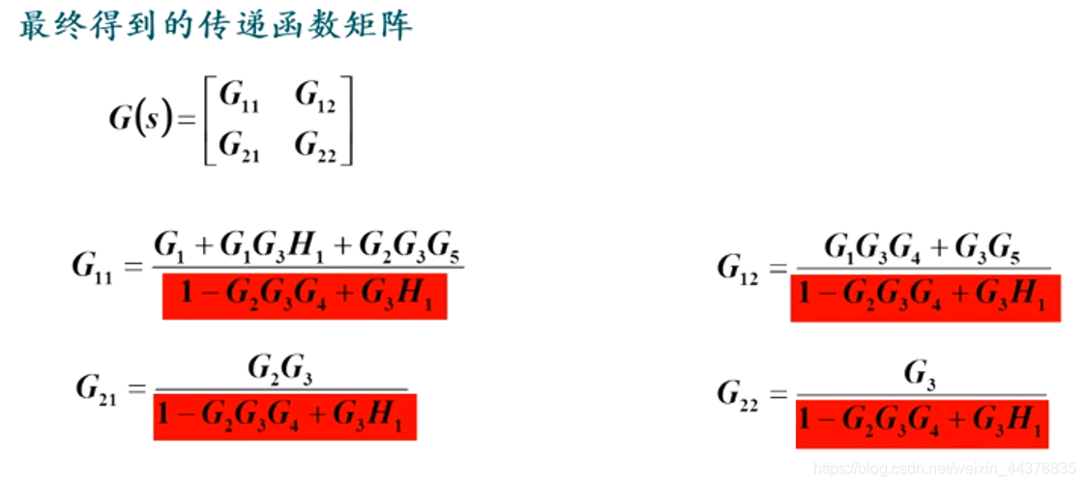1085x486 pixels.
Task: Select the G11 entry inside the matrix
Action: (x=239, y=98)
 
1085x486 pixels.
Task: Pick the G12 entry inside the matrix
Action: (x=315, y=98)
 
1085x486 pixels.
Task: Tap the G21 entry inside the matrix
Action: (x=239, y=146)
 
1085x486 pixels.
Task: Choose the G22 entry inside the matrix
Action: (x=315, y=146)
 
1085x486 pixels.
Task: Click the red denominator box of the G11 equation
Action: (x=305, y=297)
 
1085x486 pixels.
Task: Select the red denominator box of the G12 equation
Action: (x=925, y=297)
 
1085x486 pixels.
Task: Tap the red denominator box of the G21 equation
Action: (x=285, y=415)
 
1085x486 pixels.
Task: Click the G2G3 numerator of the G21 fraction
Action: (x=280, y=370)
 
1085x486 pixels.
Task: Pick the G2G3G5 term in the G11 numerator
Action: (x=408, y=248)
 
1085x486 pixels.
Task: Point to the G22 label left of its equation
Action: (x=743, y=393)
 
